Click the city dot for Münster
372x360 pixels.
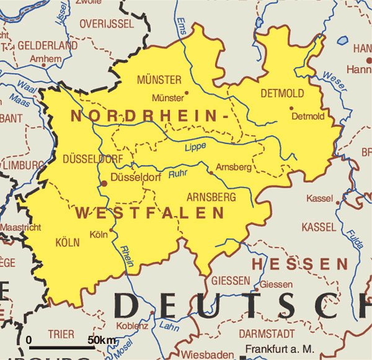point(187,93)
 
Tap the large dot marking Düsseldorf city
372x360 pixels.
point(104,183)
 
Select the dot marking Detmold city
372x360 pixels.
point(291,108)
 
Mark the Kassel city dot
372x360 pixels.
point(338,202)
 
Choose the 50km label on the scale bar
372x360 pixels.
point(102,340)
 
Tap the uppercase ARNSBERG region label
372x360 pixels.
point(211,197)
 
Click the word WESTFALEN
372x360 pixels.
point(149,214)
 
